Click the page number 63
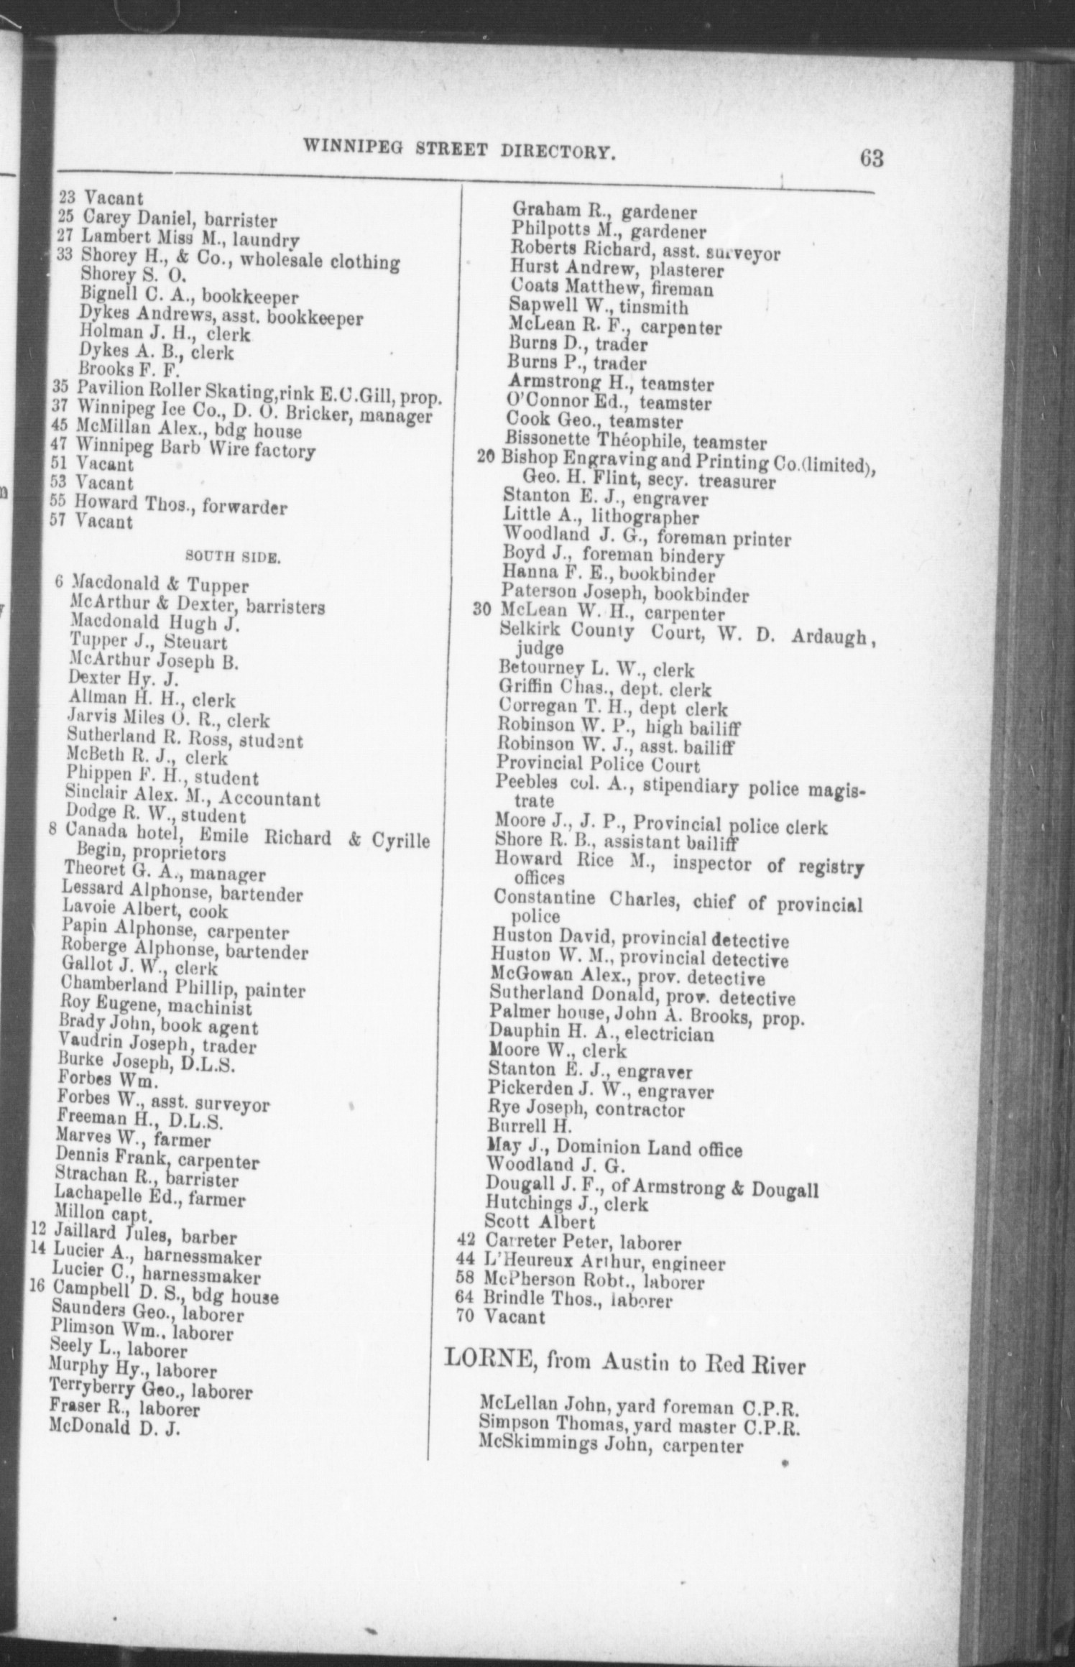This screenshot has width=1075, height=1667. click(871, 157)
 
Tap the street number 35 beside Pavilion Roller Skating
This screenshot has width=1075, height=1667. click(60, 387)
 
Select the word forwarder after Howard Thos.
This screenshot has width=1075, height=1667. click(244, 507)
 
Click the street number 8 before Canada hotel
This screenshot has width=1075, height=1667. click(52, 829)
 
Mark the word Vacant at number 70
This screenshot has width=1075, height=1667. click(515, 1317)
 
